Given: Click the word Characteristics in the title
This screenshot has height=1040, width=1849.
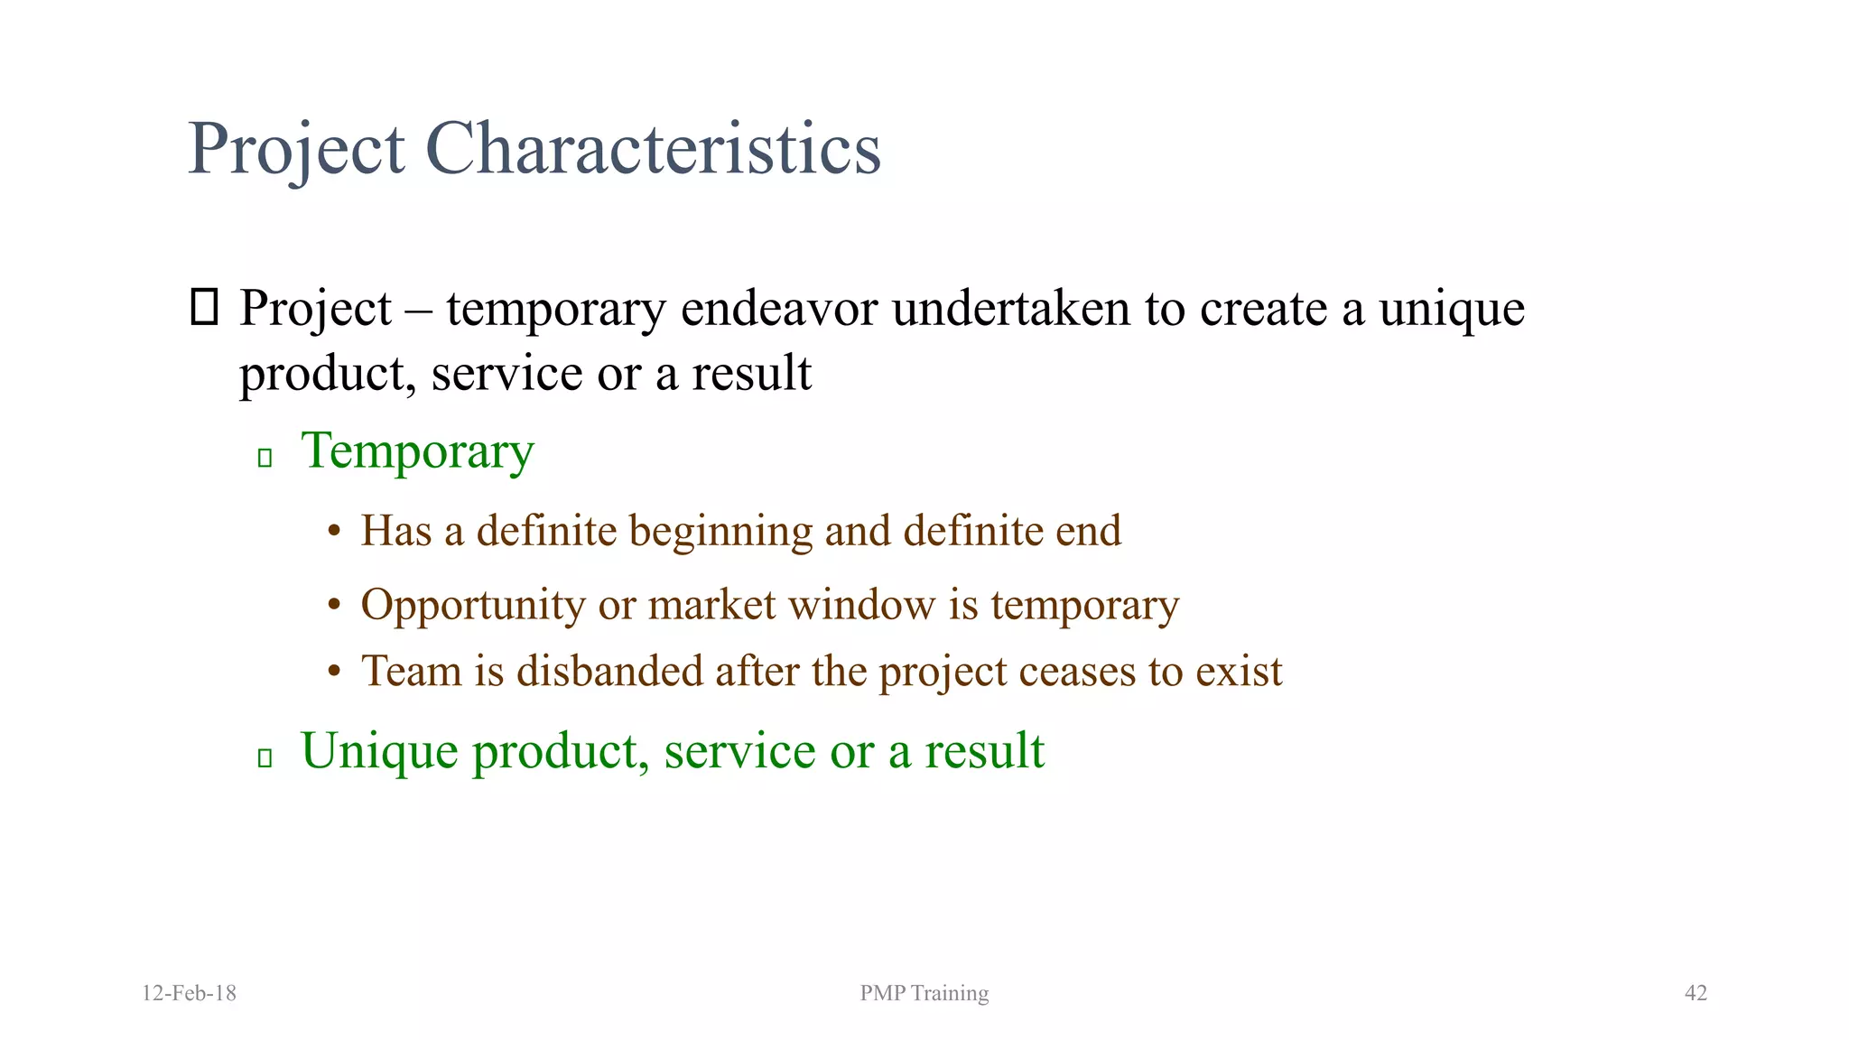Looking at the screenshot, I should coord(653,148).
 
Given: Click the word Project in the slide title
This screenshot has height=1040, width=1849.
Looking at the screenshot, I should coord(296,148).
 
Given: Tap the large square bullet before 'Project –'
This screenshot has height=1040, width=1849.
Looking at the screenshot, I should coord(205,307).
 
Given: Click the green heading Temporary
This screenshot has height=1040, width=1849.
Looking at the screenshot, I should coord(417,451).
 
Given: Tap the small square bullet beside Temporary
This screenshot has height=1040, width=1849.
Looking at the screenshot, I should coord(265,458).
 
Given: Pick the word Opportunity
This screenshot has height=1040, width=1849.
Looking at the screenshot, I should coord(472,606).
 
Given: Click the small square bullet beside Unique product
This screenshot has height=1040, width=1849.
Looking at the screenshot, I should coord(265,757).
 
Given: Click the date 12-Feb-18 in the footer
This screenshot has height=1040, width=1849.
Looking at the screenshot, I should coord(189,993).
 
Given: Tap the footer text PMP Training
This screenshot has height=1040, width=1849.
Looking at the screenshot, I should coord(924,993).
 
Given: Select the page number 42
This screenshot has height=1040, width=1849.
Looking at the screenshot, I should coord(1696,993).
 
